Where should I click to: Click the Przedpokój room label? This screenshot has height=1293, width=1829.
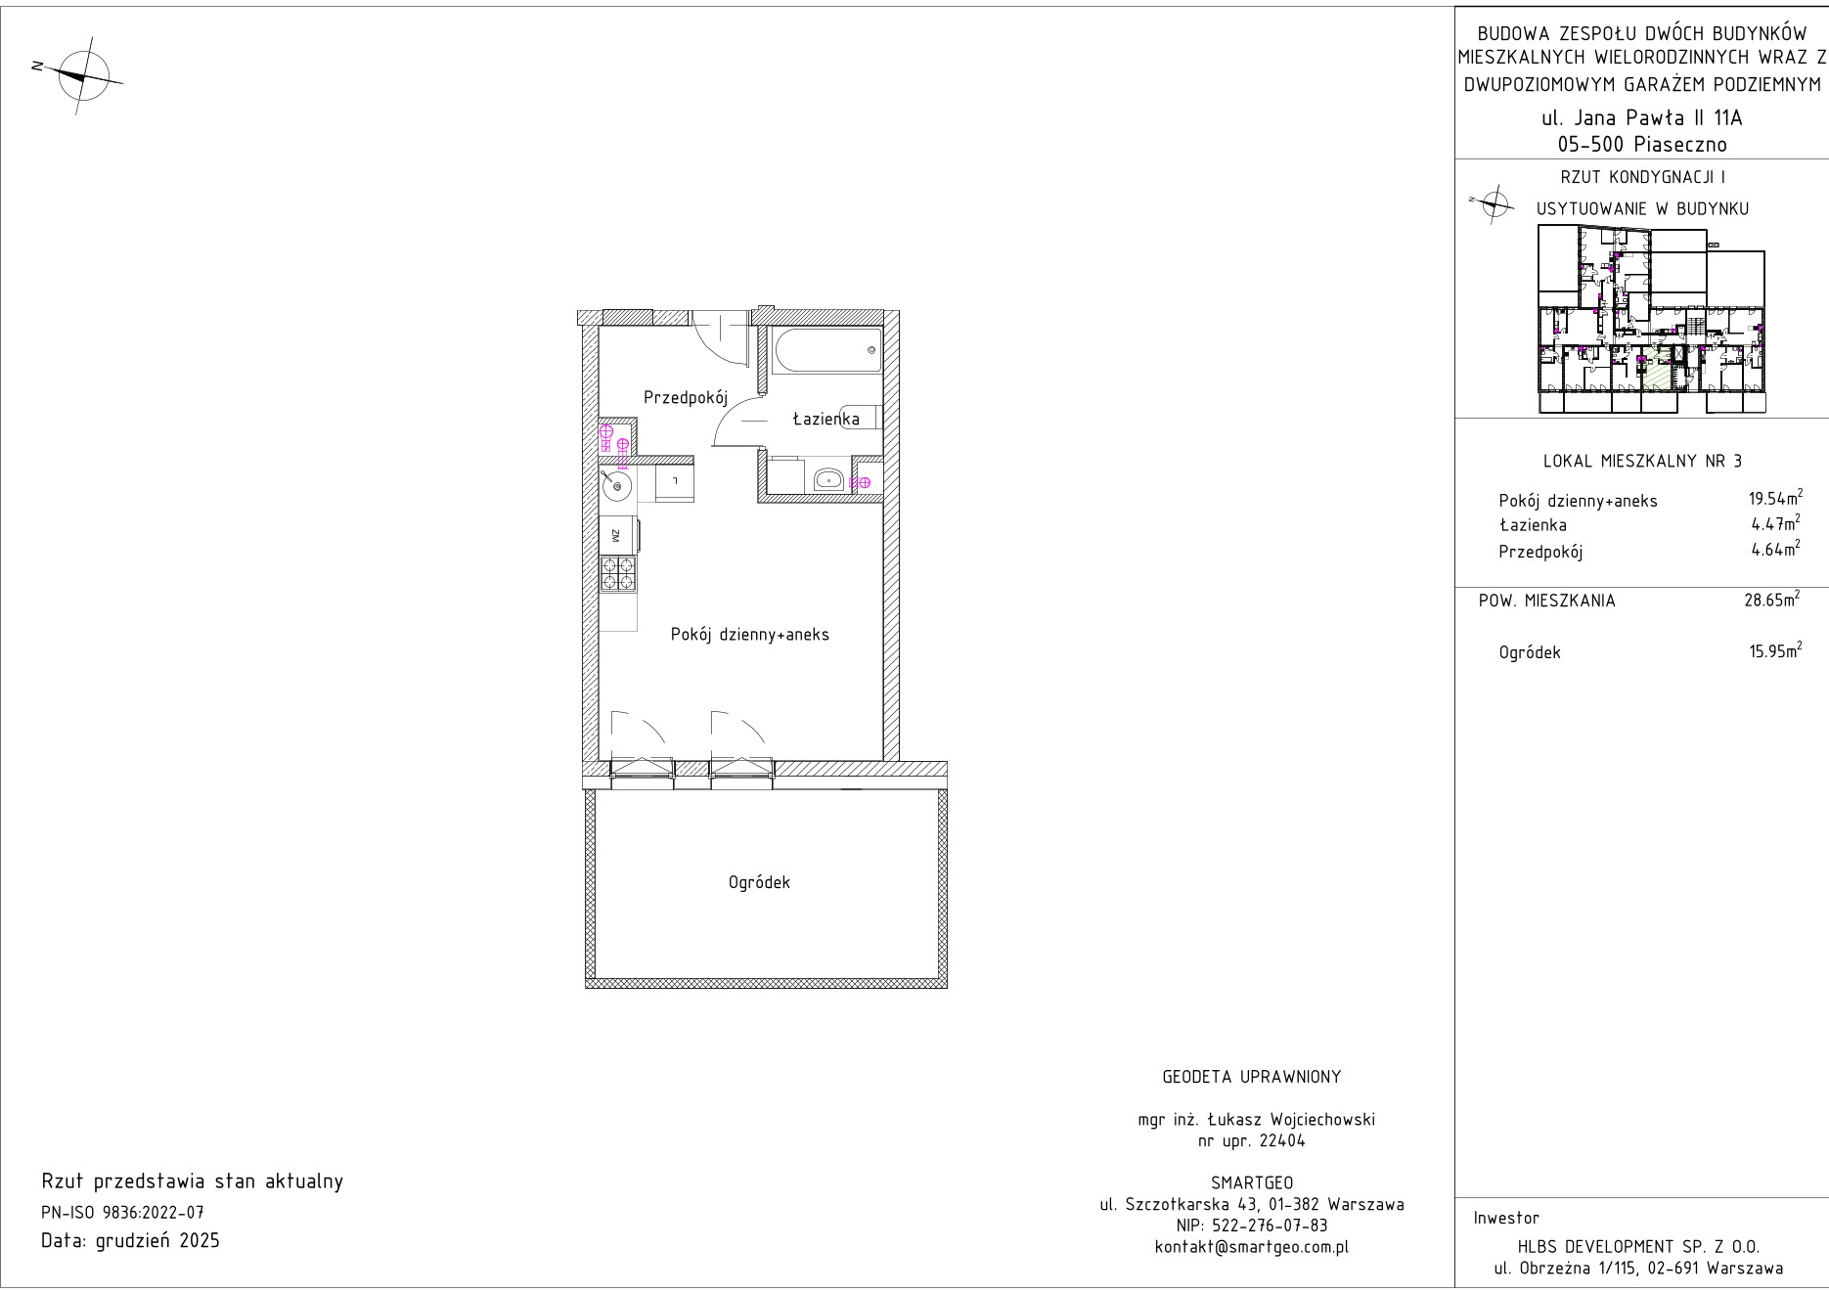pyautogui.click(x=687, y=398)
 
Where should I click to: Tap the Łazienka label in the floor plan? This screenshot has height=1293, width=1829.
pyautogui.click(x=825, y=419)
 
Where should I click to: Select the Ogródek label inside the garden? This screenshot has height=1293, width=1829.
pyautogui.click(x=759, y=882)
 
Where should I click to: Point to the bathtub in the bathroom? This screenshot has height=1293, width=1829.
pyautogui.click(x=825, y=350)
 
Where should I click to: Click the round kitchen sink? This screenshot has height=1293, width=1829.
pyautogui.click(x=616, y=482)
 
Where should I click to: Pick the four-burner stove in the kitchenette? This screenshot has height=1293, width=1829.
pyautogui.click(x=618, y=574)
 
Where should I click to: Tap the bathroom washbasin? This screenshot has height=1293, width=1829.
pyautogui.click(x=829, y=479)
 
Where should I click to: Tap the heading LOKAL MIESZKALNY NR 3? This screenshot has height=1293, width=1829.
pyautogui.click(x=1641, y=461)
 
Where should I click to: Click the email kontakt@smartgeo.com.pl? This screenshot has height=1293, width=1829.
pyautogui.click(x=1252, y=1247)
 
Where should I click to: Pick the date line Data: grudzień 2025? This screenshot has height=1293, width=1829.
pyautogui.click(x=131, y=1241)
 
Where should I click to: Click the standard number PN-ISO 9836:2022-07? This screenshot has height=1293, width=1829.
pyautogui.click(x=122, y=1213)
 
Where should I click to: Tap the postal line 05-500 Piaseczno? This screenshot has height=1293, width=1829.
pyautogui.click(x=1642, y=145)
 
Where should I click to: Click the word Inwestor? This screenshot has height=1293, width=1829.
pyautogui.click(x=1506, y=1218)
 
